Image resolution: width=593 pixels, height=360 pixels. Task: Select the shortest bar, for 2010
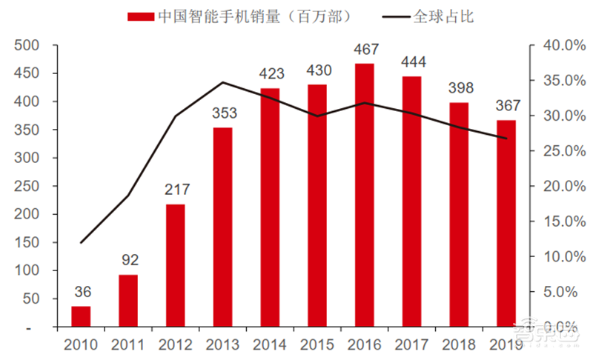point(81,316)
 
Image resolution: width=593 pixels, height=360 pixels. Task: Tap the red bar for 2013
point(222,227)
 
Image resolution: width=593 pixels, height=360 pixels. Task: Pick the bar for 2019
point(506,223)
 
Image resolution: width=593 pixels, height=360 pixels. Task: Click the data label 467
point(365,50)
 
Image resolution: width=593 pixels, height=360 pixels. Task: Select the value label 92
point(128,261)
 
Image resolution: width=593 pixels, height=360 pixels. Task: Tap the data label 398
point(459,89)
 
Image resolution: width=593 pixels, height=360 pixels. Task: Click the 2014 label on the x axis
point(270,344)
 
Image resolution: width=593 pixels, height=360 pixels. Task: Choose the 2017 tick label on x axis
point(411,344)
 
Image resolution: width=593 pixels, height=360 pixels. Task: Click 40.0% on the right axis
point(560,45)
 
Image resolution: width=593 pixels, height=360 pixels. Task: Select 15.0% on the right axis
point(560,221)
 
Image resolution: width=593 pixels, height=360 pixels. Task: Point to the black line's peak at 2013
point(222,82)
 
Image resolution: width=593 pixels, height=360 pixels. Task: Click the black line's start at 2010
point(81,242)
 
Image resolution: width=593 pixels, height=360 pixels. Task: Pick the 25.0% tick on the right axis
point(560,151)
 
